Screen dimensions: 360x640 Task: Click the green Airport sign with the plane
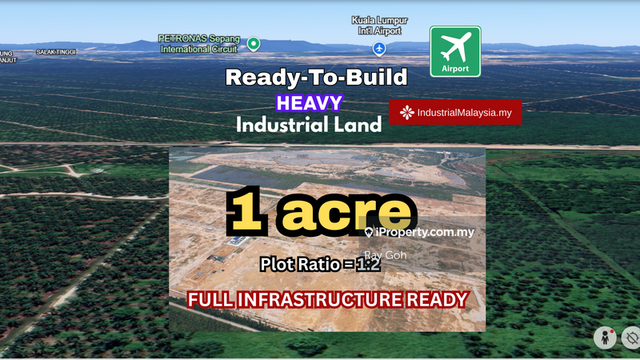pos(455,51)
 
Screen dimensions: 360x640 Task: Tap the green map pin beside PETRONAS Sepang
pos(254,43)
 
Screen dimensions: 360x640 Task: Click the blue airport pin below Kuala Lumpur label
pos(380,49)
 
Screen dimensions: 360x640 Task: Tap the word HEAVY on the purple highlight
pos(309,102)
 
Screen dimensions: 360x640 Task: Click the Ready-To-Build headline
pos(316,78)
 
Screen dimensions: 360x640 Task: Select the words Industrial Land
pos(308,126)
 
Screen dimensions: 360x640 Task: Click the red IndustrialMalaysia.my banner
pos(455,112)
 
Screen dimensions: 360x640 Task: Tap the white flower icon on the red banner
pos(407,112)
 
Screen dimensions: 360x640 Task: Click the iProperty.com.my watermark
pos(419,232)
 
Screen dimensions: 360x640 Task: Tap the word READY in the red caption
pos(438,301)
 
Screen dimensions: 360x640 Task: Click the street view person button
pos(605,338)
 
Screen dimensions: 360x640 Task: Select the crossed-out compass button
pos(631,338)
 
